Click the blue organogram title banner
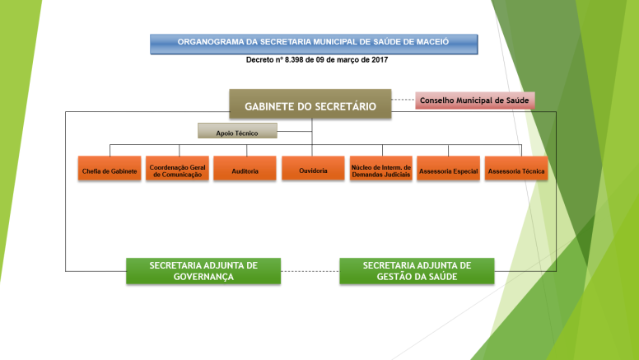pyautogui.click(x=314, y=44)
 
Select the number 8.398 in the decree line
pyautogui.click(x=294, y=60)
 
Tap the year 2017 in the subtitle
pyautogui.click(x=380, y=60)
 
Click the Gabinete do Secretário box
pyautogui.click(x=310, y=104)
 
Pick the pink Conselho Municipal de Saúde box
pyautogui.click(x=475, y=101)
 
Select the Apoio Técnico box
pyautogui.click(x=237, y=131)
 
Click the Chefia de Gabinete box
pyautogui.click(x=110, y=168)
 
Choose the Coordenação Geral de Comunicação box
pyautogui.click(x=177, y=168)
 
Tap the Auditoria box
pyautogui.click(x=245, y=168)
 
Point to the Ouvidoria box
pyautogui.click(x=313, y=168)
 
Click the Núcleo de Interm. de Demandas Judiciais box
pyautogui.click(x=381, y=168)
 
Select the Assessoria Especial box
pyautogui.click(x=448, y=168)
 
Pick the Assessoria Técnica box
pyautogui.click(x=516, y=168)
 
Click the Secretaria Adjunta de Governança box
pyautogui.click(x=203, y=271)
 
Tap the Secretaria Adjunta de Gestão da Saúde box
pyautogui.click(x=417, y=271)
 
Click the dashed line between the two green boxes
pyautogui.click(x=310, y=271)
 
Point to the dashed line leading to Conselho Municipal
pyautogui.click(x=403, y=100)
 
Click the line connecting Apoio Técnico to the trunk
pyautogui.click(x=295, y=131)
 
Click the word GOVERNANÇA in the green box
pyautogui.click(x=203, y=277)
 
